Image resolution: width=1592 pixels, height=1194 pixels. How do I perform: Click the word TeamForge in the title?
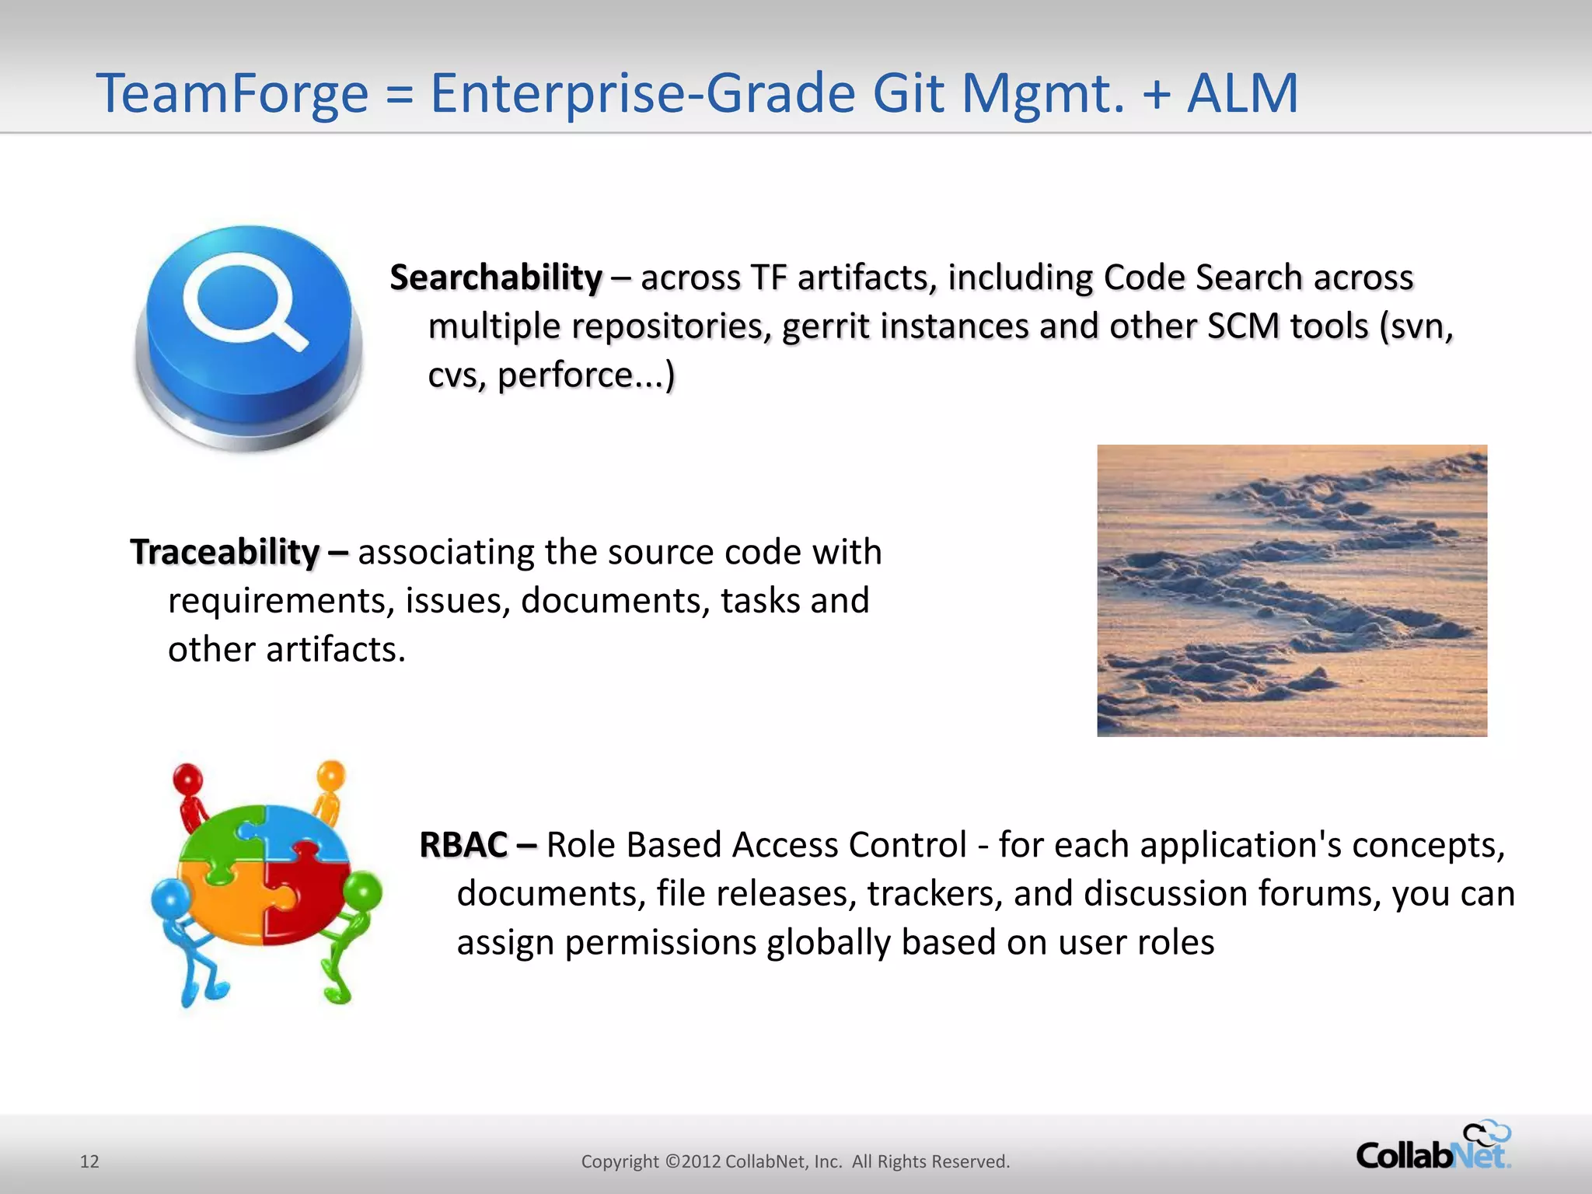232,93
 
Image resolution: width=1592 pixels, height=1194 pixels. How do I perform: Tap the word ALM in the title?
1242,93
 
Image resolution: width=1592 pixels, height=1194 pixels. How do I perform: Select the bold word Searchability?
496,278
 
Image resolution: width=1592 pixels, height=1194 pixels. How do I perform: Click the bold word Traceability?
225,552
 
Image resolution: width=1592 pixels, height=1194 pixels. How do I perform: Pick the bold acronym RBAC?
464,845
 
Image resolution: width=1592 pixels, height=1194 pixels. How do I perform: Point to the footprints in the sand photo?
1291,590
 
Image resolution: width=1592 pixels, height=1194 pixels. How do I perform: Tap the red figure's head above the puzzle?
187,778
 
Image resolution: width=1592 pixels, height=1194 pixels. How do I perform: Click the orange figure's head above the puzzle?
331,774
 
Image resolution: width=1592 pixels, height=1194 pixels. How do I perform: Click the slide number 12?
89,1161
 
